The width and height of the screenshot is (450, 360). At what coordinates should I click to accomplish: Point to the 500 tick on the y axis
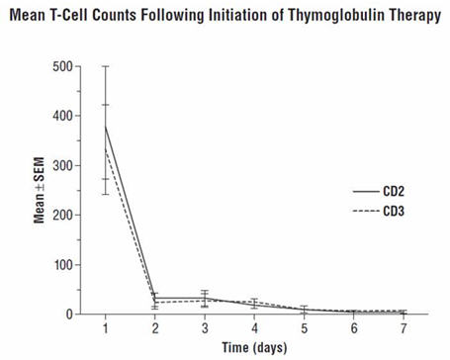pyautogui.click(x=64, y=66)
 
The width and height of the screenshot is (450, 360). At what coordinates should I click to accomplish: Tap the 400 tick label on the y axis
pyautogui.click(x=64, y=116)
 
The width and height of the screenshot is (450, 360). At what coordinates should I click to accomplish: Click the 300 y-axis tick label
pyautogui.click(x=64, y=165)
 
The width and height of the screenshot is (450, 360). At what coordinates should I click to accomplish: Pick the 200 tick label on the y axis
pyautogui.click(x=64, y=216)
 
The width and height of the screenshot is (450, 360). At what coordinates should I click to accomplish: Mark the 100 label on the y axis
pyautogui.click(x=64, y=265)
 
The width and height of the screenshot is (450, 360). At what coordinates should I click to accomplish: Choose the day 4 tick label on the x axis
pyautogui.click(x=254, y=328)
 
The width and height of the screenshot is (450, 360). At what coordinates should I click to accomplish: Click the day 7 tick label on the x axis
pyautogui.click(x=402, y=328)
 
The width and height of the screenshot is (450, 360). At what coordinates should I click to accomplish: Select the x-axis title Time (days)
pyautogui.click(x=253, y=348)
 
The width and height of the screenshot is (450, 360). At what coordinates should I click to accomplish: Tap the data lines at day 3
pyautogui.click(x=205, y=299)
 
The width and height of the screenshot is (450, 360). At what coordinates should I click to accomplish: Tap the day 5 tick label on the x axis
pyautogui.click(x=304, y=328)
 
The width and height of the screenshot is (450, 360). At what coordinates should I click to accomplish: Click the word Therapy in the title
pyautogui.click(x=415, y=18)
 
